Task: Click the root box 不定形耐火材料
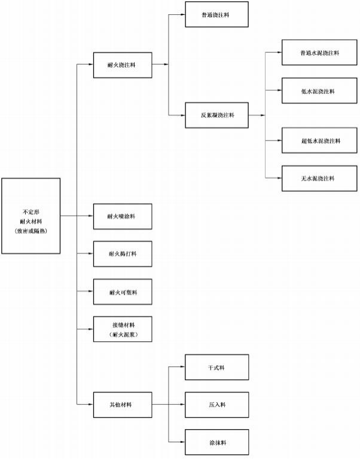(31, 215)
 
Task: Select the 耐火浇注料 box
(123, 65)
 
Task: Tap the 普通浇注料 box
(216, 14)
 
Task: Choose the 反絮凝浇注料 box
(216, 115)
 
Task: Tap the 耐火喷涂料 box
(123, 216)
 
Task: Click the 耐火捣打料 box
(123, 254)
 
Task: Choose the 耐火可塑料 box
(123, 292)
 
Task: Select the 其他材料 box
(123, 405)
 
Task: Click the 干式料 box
(216, 367)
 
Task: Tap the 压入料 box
(216, 405)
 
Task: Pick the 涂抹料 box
(216, 442)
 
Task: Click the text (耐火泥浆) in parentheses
(123, 335)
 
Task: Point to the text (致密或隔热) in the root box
(31, 230)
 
